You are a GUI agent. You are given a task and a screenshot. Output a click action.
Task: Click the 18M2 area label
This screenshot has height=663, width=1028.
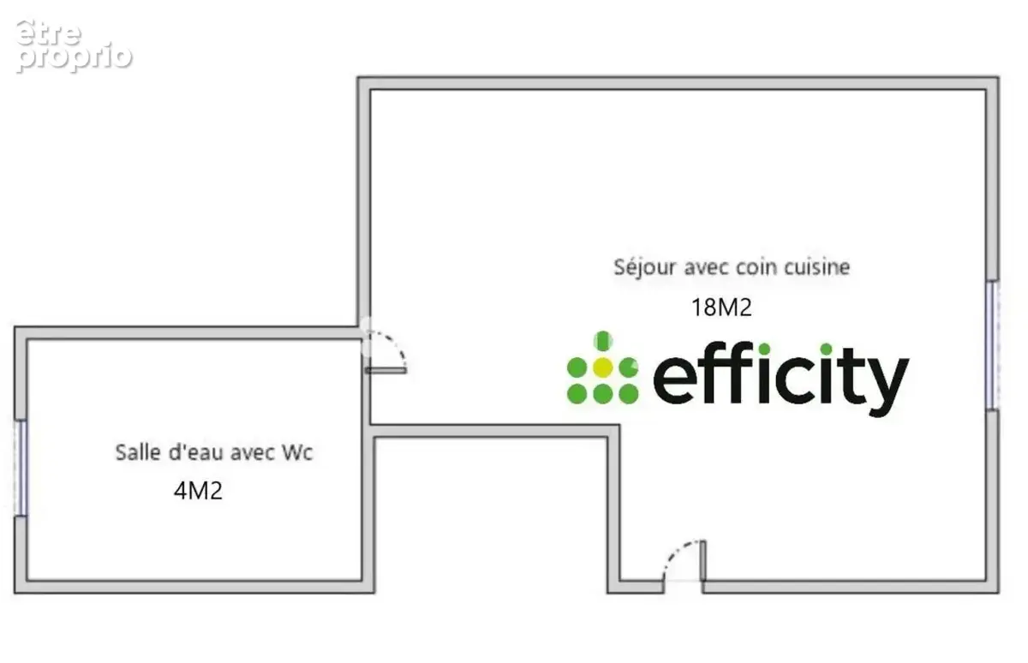pos(721,308)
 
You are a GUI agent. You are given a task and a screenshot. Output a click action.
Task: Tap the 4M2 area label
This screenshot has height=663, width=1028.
pos(198,491)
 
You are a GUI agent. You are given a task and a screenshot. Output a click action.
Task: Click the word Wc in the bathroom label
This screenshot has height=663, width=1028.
pos(297,452)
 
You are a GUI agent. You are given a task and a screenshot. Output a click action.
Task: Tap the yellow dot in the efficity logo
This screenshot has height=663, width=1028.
pos(602,367)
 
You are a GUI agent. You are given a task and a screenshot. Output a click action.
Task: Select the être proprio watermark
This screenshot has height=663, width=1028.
pos(74,46)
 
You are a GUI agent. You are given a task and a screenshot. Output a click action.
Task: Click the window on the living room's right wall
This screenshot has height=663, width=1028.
pos(992,345)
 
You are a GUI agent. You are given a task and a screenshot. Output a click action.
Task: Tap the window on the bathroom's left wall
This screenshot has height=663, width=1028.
pos(21,469)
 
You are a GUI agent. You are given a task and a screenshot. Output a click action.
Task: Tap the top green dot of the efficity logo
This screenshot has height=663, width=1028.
pos(603,341)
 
